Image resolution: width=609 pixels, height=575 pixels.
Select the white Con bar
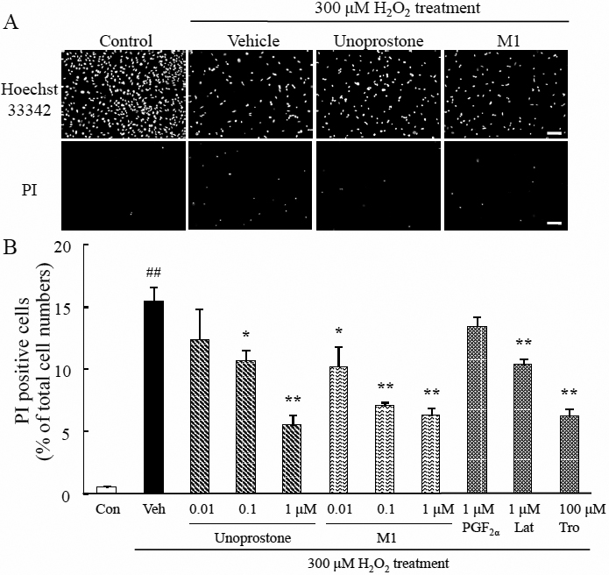106,491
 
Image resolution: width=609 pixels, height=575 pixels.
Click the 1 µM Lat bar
523,429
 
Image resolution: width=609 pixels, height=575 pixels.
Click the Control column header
125,41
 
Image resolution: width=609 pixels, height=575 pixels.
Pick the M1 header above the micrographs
506,41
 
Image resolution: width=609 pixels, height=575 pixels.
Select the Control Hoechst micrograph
124,94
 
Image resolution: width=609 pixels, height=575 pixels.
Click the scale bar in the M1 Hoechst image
554,131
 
